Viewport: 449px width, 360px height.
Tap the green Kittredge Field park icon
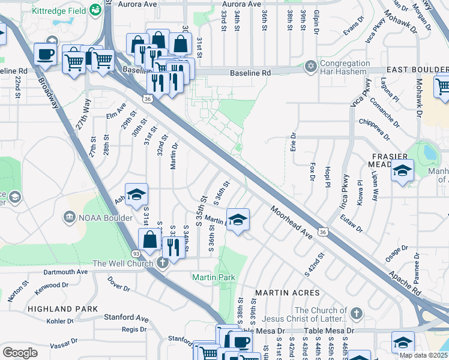coord(95,10)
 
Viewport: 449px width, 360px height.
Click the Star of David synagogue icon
coord(310,65)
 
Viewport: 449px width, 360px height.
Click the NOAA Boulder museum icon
coord(70,217)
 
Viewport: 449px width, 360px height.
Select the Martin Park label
coord(213,277)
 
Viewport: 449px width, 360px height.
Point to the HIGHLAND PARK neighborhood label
coord(62,308)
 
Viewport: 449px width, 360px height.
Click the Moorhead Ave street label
coord(292,223)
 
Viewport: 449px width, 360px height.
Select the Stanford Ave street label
coord(126,317)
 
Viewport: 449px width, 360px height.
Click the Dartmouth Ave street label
coord(65,272)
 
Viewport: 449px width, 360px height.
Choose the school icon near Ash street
coord(136,194)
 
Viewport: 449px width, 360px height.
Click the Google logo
coord(20,353)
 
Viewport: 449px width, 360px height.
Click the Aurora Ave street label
coord(143,4)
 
